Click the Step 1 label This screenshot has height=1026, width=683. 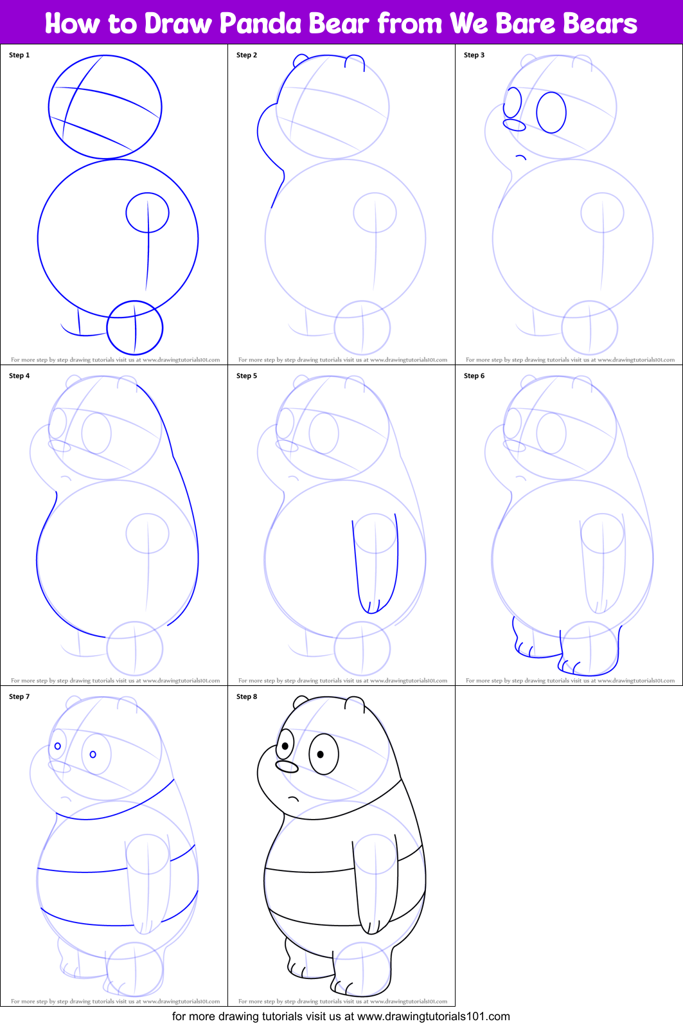[x=19, y=55]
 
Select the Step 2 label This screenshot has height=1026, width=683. [x=247, y=55]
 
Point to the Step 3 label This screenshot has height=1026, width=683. [x=474, y=55]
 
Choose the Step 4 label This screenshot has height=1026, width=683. [x=19, y=375]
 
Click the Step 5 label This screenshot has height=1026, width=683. [x=247, y=375]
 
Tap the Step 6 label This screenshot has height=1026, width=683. [x=474, y=375]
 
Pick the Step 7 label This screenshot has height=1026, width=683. [x=19, y=696]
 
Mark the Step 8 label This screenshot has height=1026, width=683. [x=247, y=696]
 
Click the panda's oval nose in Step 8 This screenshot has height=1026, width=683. [x=287, y=766]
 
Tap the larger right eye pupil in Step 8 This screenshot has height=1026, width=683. [x=321, y=754]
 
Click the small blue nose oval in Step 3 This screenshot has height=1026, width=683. [x=514, y=125]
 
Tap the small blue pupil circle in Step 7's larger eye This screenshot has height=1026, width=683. [x=93, y=754]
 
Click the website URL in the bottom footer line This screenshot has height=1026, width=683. [x=433, y=1016]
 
